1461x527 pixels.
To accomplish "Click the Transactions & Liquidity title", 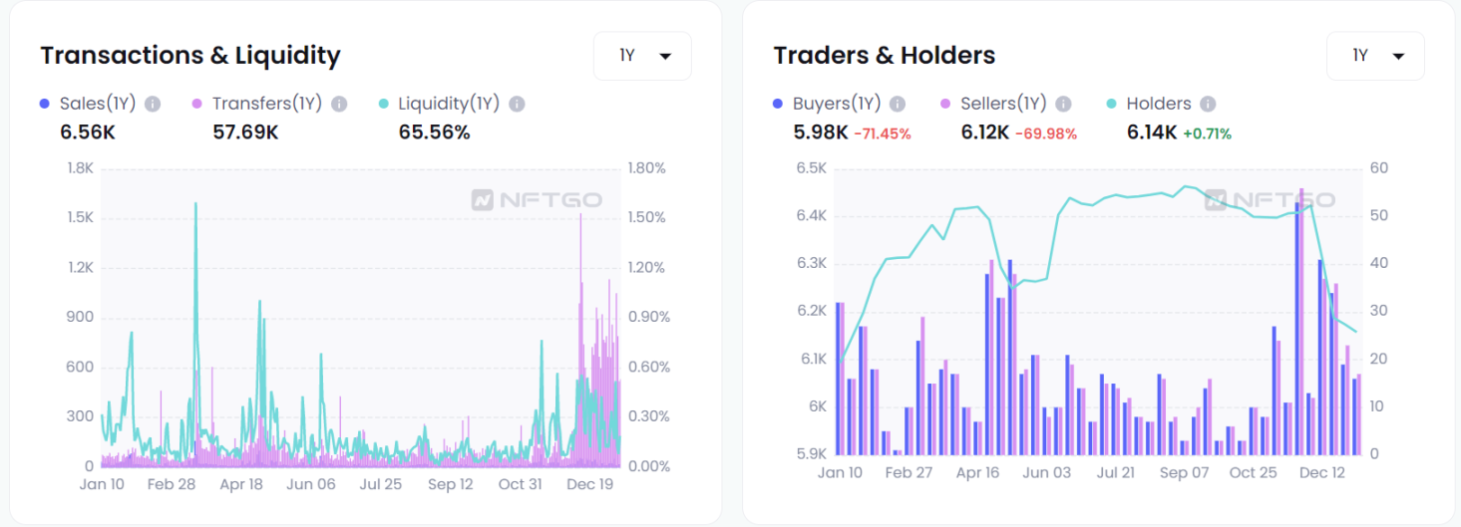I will (x=190, y=56).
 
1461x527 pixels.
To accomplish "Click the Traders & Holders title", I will (x=884, y=56).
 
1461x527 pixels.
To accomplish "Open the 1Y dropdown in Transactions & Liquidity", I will (x=642, y=56).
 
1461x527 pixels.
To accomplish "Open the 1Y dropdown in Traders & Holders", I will (x=1375, y=56).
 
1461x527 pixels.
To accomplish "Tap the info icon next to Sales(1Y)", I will (x=153, y=104).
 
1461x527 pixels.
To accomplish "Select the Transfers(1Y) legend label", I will (x=266, y=104).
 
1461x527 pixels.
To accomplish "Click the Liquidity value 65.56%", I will (x=434, y=132).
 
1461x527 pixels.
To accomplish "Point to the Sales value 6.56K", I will (x=88, y=132).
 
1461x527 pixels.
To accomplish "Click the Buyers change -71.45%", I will (x=883, y=133).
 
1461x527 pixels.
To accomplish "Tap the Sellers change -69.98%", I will (x=1046, y=133).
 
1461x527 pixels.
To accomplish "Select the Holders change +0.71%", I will (x=1207, y=133).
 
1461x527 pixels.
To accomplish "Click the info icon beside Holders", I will (x=1208, y=104).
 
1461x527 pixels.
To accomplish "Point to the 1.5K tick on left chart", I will (x=80, y=218).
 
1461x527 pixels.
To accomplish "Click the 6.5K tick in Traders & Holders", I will (x=812, y=168).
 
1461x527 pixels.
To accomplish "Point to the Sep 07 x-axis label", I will (x=1185, y=473).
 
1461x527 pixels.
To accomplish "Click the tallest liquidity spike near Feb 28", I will (x=194, y=204).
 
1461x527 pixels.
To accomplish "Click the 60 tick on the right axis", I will (x=1378, y=168).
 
